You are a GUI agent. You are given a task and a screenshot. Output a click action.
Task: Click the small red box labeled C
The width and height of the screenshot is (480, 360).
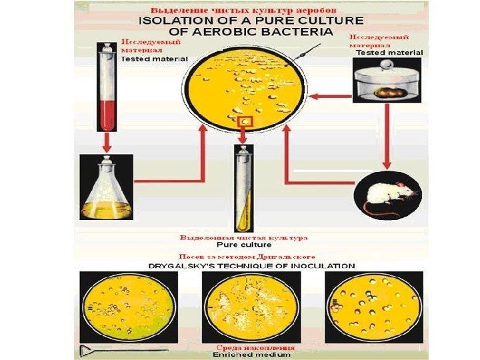(x=244, y=121)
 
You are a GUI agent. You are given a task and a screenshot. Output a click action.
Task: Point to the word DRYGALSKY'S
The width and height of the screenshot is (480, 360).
(x=180, y=265)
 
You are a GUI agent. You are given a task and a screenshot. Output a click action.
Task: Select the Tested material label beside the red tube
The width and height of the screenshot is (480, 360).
(x=154, y=59)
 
